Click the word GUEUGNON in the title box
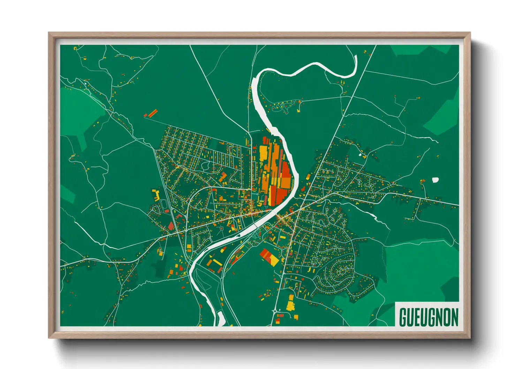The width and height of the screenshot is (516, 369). pos(428,317)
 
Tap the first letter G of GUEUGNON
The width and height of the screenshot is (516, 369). pos(403,317)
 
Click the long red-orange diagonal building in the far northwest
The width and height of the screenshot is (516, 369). pos(153,113)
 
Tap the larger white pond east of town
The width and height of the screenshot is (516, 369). pos(435,180)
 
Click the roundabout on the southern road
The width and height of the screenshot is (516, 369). pos(275,310)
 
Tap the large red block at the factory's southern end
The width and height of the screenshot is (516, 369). pos(279,195)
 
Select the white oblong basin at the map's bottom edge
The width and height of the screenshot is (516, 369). pos(221,318)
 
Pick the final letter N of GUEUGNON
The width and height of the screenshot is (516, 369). pos(454,317)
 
